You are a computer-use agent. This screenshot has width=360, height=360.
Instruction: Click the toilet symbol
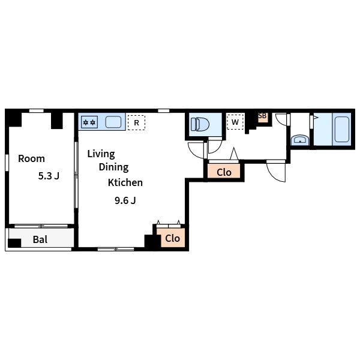point(200,124)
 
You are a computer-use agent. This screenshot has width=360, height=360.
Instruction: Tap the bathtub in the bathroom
point(342,129)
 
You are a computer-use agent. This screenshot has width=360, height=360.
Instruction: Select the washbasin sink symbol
point(299,140)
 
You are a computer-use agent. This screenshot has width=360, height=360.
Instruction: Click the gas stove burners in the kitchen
point(89,122)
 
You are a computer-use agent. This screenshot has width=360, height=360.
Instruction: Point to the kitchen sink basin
point(113,122)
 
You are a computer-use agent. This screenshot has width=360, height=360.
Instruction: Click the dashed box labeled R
point(136,122)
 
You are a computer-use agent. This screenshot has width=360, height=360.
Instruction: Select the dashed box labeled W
point(235,122)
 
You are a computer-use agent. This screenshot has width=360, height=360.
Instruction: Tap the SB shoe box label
point(262,116)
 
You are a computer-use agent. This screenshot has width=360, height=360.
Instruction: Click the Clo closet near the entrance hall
point(224,172)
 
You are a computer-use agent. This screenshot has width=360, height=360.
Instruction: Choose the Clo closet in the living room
point(173,238)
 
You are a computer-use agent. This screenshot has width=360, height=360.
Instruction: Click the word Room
point(31,158)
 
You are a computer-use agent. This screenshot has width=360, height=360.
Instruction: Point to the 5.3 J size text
point(49,176)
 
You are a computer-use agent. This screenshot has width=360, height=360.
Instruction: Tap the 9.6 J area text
point(125,200)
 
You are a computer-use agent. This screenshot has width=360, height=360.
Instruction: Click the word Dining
point(113,167)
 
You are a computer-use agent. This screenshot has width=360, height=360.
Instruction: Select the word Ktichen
point(125,182)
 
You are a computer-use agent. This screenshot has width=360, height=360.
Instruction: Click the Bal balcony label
point(40,239)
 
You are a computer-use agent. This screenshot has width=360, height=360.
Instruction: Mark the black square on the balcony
point(14,243)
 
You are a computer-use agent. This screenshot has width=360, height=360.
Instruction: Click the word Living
point(101,154)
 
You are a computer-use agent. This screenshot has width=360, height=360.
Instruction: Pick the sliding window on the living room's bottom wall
point(116,249)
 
